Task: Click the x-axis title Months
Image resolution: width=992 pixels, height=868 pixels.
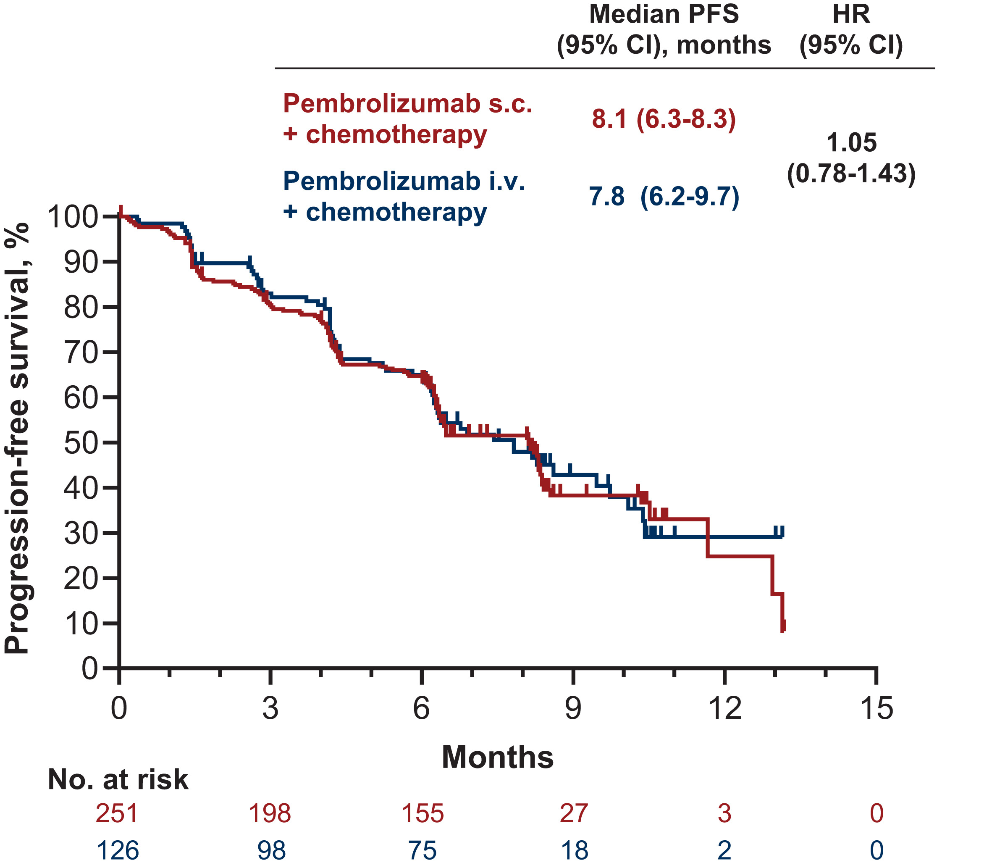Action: pos(497,757)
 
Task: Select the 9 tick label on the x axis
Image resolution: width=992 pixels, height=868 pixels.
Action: pos(573,708)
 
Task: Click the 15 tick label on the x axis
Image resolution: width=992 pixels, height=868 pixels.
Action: pos(876,708)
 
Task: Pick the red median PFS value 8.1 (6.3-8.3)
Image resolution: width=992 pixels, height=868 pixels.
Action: pos(664,119)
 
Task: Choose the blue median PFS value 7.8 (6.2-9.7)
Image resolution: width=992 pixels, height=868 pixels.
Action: pos(664,197)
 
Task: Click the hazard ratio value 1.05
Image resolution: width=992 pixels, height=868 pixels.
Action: pos(851,143)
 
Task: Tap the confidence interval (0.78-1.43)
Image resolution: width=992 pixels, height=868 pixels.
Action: pos(851,174)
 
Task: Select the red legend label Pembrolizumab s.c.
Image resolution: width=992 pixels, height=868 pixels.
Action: pos(408,104)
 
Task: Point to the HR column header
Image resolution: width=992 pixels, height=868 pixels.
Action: pos(851,15)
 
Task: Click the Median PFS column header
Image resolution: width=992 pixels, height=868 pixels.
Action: pos(664,15)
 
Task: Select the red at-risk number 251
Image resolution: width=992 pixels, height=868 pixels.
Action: pos(117,813)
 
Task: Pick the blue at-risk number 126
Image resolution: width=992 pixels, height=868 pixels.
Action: pos(118,850)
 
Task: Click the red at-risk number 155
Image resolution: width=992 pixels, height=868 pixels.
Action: pos(423,813)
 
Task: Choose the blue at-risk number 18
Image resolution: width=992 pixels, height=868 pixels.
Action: pos(574,850)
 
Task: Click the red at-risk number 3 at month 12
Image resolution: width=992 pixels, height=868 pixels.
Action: pos(724,813)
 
